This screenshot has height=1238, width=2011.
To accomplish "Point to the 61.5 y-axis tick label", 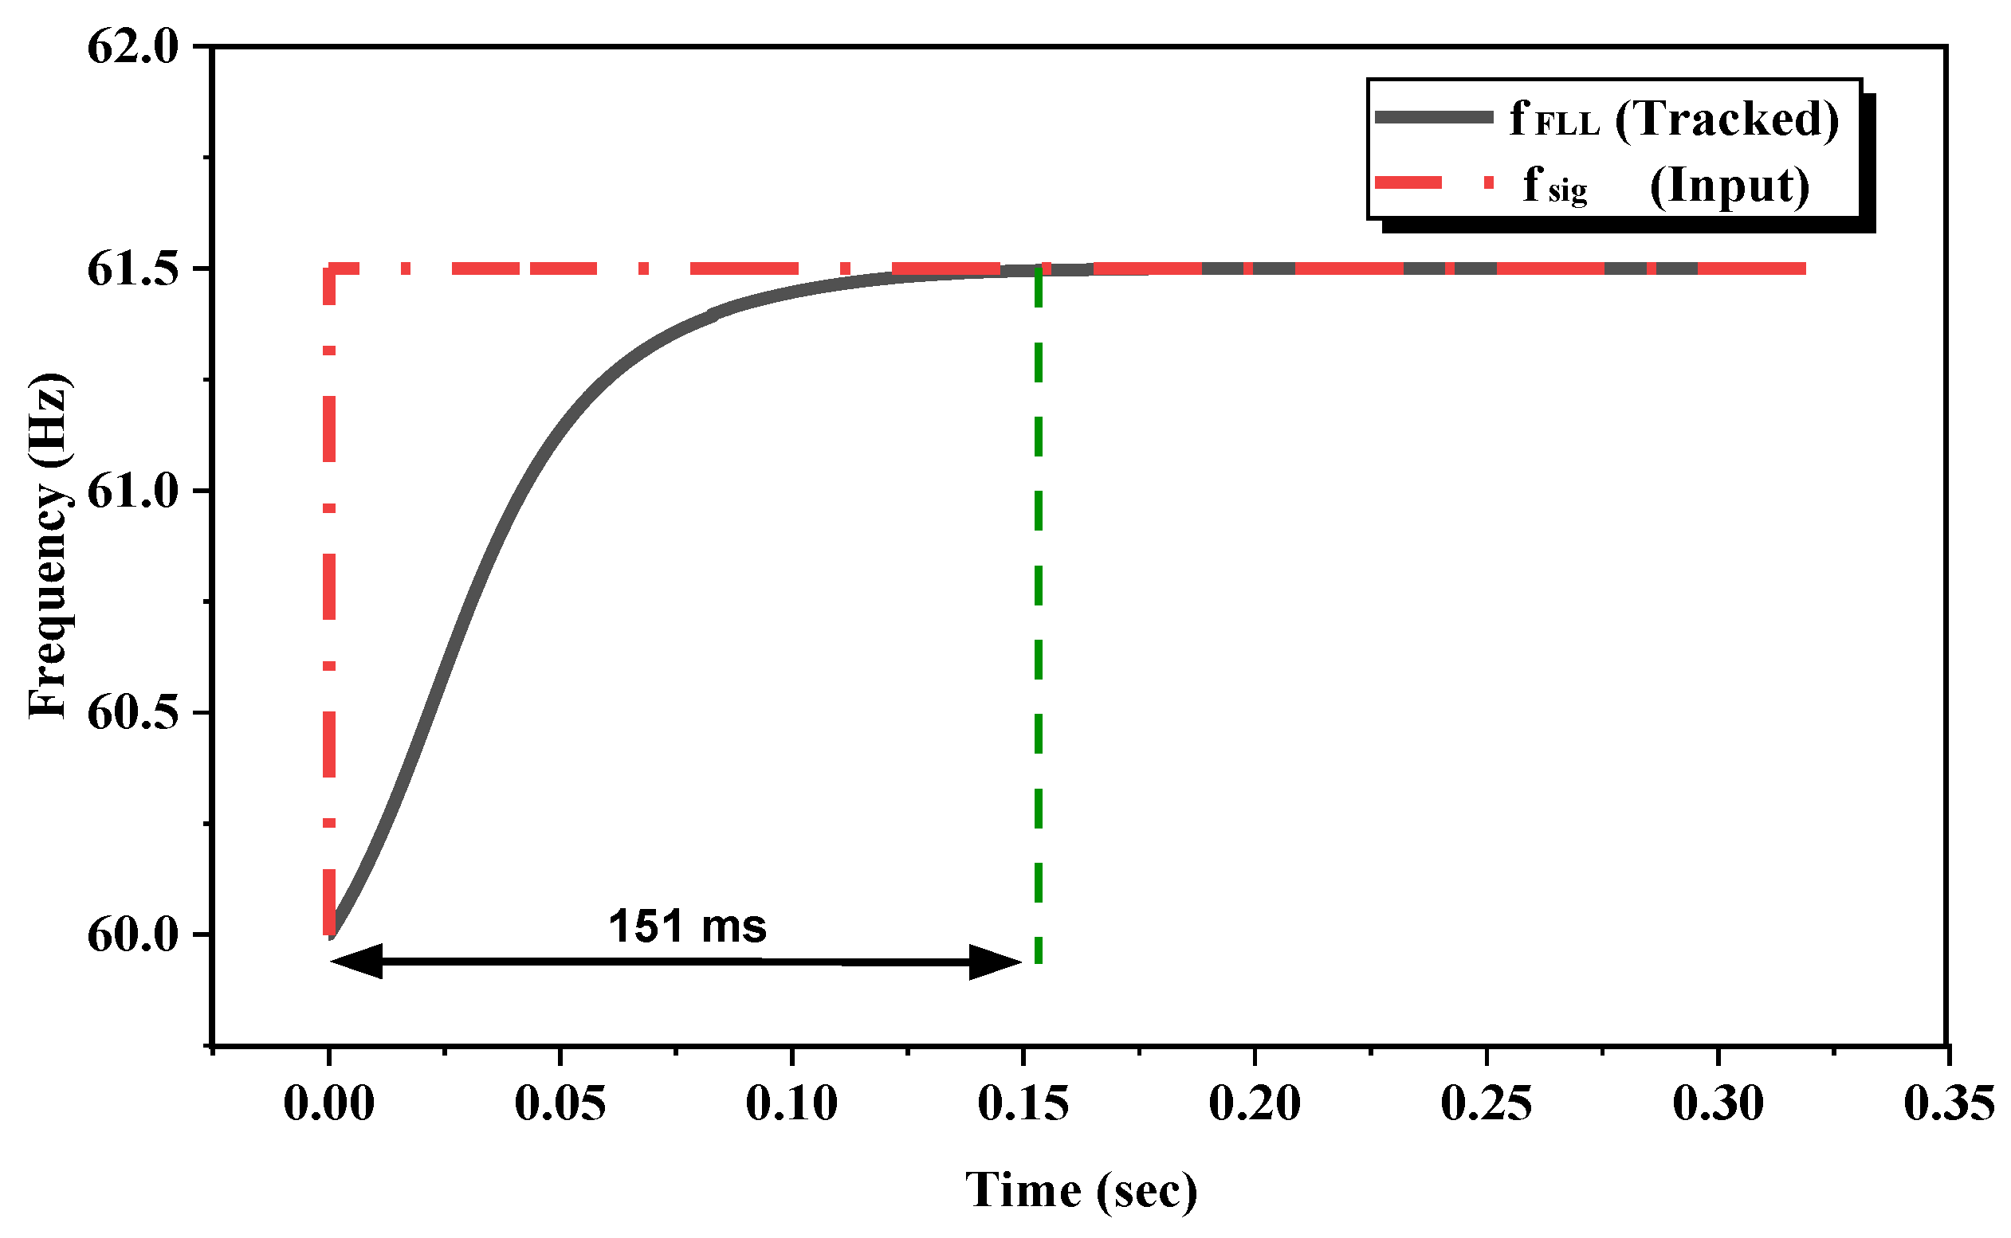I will click(132, 268).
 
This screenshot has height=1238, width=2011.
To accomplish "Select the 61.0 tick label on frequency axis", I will click(132, 492).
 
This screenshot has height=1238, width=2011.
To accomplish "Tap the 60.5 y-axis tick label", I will click(132, 712).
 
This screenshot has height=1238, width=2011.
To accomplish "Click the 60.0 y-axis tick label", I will click(132, 934).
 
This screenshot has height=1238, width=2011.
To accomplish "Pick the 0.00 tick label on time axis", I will click(328, 1103).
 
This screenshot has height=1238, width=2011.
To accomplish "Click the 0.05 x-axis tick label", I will click(560, 1103).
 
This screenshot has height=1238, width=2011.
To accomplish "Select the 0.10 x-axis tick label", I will click(792, 1103).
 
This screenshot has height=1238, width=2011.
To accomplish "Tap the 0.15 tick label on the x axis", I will click(1023, 1103).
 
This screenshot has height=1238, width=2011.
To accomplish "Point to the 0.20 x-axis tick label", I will click(1255, 1103).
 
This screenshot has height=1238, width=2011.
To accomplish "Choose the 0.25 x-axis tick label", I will click(1487, 1103).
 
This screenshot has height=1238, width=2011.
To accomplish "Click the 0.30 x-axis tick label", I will click(1718, 1103).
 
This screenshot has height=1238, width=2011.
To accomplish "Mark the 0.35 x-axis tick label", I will click(1949, 1103).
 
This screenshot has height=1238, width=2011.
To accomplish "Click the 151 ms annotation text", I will click(687, 927).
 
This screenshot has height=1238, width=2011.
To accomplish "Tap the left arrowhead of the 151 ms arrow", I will click(354, 962).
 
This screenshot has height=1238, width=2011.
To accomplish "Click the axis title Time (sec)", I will click(1082, 1191).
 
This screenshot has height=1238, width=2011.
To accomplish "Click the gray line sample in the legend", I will click(1433, 117).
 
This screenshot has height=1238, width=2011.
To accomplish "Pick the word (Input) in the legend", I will click(1730, 186).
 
